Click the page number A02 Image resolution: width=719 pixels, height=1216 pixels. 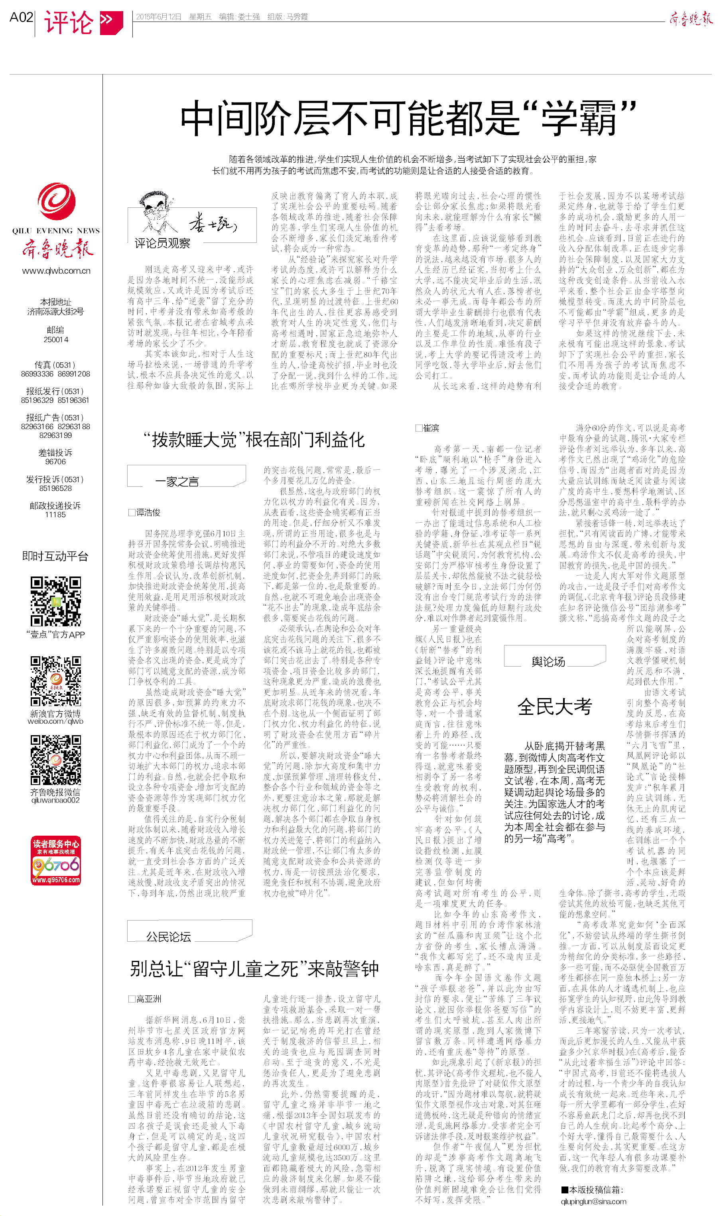coord(21,18)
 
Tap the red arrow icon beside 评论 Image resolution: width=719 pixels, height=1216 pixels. coord(111,22)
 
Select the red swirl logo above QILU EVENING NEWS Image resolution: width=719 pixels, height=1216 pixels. coord(57,201)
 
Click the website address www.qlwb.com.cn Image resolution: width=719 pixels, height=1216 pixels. coord(56,271)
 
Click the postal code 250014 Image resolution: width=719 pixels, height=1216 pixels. coord(56,339)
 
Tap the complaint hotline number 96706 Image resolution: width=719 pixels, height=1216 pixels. coord(56,462)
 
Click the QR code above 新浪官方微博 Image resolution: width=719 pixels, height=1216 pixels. coord(56,681)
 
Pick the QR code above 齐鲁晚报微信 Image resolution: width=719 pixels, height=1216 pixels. coord(56,760)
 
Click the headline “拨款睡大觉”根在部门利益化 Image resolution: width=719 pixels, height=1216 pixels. coord(253,440)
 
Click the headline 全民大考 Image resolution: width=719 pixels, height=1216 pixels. coord(554,706)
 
